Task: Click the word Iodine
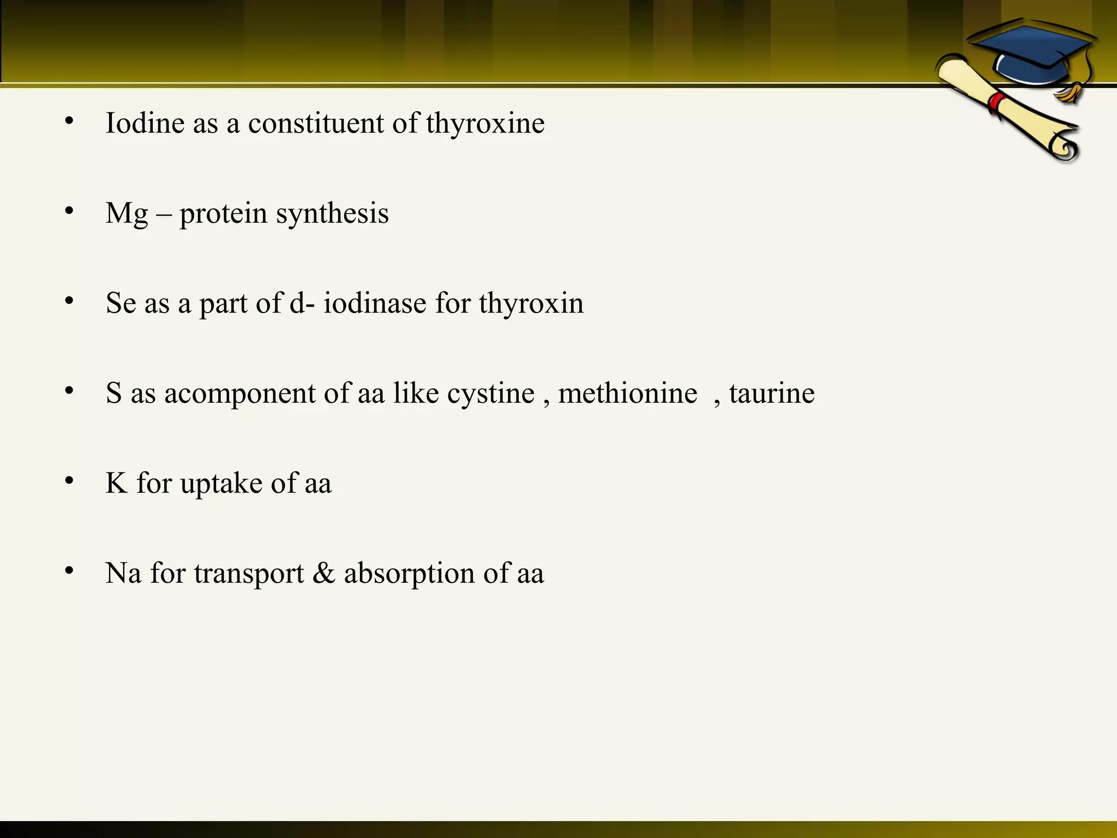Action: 145,123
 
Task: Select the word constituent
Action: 316,123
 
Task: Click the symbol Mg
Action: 127,213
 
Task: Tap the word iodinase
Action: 375,303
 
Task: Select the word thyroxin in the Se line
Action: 531,303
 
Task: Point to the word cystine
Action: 491,393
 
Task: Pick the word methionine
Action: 628,393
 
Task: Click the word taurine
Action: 772,393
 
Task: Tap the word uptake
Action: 221,483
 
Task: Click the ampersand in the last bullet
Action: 323,573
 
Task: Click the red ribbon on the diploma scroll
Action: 998,103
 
